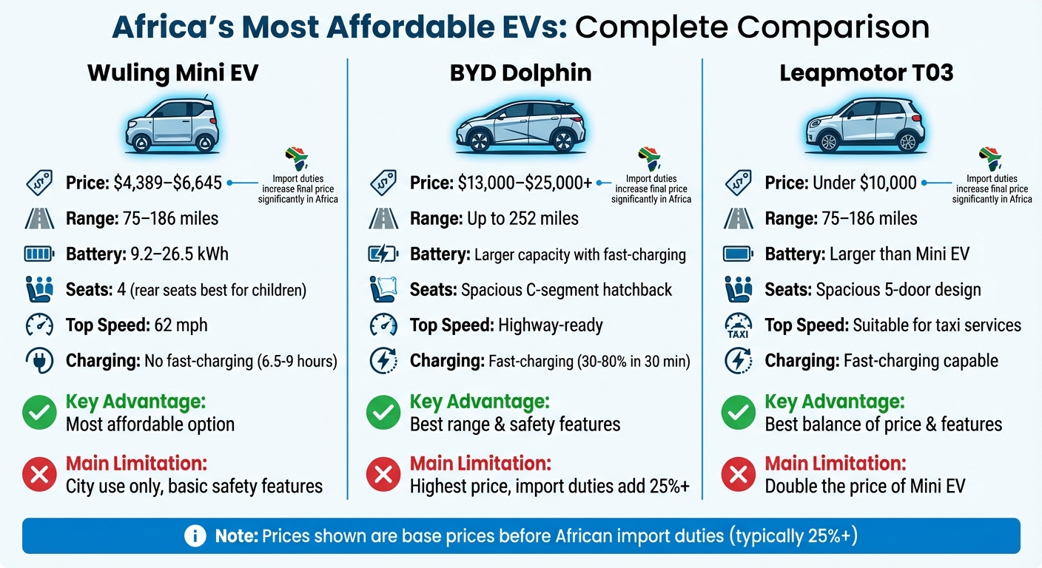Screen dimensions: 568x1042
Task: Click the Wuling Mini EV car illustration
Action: (x=172, y=124)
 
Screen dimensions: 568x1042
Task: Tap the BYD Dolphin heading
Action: (x=520, y=73)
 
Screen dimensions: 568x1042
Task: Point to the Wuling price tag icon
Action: (x=38, y=183)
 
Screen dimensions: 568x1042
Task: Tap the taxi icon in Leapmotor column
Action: (x=738, y=325)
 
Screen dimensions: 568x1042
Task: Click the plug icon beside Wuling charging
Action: (x=38, y=361)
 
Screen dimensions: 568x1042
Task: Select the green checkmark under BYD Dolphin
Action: (x=383, y=413)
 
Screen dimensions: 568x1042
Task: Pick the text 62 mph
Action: (x=181, y=325)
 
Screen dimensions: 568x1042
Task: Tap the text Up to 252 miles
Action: (x=522, y=218)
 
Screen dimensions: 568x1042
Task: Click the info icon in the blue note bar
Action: (x=195, y=536)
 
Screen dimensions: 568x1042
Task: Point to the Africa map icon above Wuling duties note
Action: (x=295, y=159)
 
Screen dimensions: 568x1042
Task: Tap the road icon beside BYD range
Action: (x=383, y=218)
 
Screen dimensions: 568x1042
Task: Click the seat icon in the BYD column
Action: (x=383, y=290)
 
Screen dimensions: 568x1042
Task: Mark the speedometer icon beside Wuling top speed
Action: (x=38, y=325)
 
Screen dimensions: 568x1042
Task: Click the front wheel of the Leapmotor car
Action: (x=828, y=141)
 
